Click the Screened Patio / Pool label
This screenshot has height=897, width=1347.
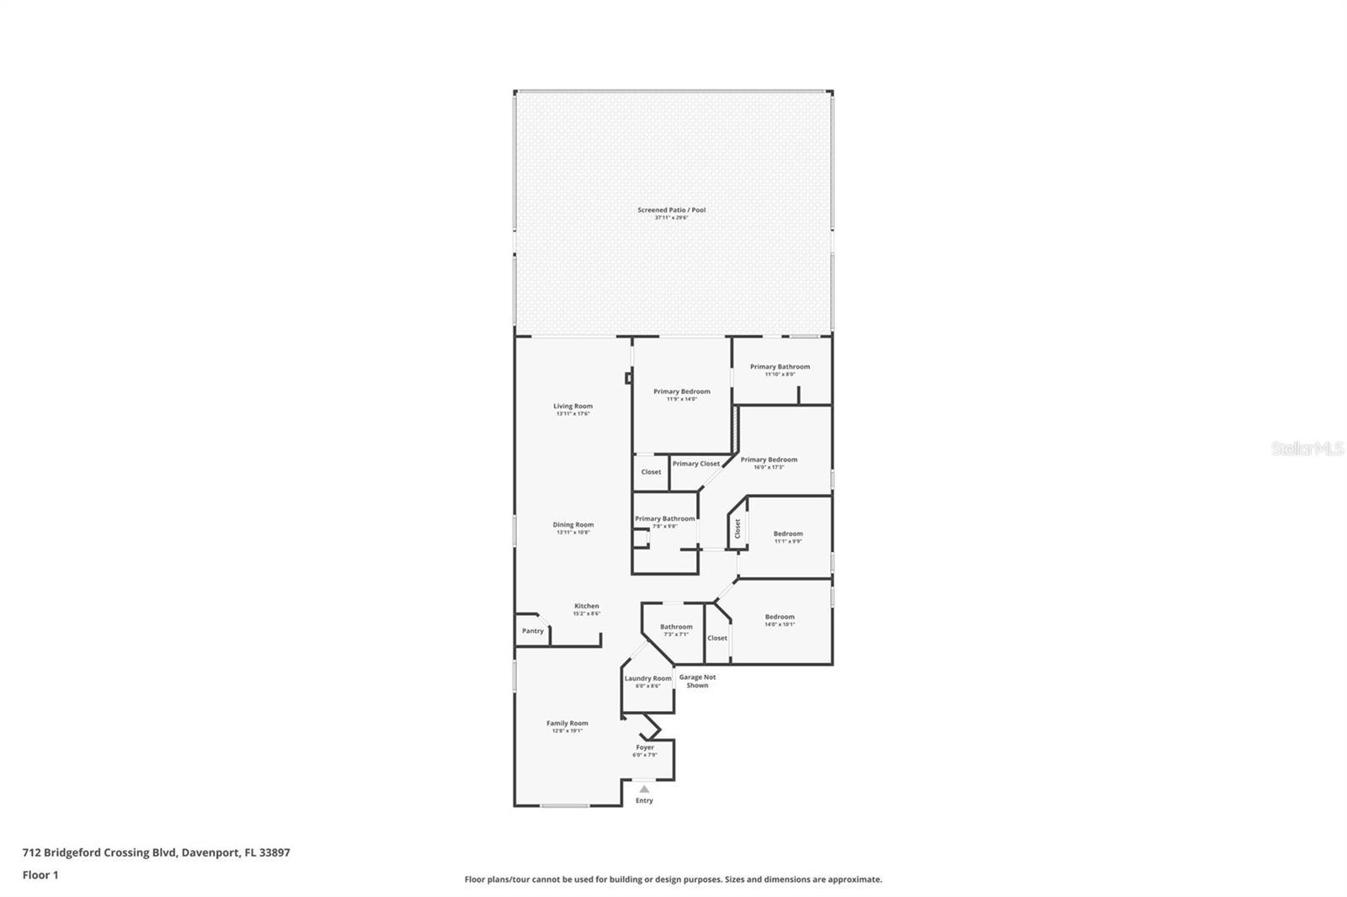[671, 210]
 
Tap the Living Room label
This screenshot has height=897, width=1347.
[572, 406]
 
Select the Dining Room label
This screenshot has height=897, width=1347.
[572, 525]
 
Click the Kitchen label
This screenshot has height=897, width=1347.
[587, 607]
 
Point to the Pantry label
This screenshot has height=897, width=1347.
[532, 631]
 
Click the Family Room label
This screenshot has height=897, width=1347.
[567, 724]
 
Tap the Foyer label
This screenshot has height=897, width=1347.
[645, 748]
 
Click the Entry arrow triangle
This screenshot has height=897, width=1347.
[644, 789]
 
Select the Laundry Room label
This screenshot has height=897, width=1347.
[647, 679]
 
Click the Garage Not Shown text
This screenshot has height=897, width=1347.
[697, 681]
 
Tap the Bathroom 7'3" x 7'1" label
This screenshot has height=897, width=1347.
[676, 628]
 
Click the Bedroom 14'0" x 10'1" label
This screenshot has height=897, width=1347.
[780, 618]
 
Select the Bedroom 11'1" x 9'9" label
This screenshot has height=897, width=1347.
[788, 534]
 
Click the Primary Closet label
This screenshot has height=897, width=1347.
[695, 464]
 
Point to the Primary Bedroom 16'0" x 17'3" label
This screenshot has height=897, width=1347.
[769, 460]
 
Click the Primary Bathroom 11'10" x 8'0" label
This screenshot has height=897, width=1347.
[780, 368]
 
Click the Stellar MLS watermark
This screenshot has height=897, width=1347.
[1307, 449]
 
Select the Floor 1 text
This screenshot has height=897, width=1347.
[40, 875]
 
